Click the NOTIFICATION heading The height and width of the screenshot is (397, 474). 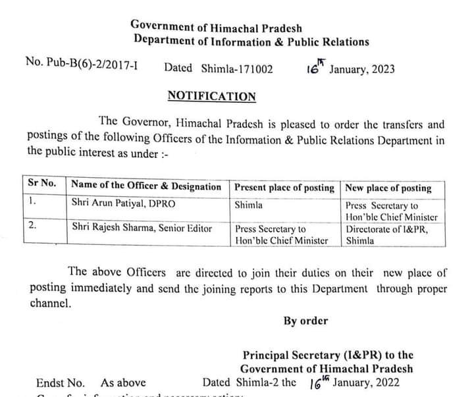211,96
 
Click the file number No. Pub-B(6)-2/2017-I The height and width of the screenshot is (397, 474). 82,63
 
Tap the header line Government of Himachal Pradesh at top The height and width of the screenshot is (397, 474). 216,26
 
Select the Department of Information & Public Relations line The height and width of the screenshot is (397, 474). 251,41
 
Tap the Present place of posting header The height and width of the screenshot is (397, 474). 284,188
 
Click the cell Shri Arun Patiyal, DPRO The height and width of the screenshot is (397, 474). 123,204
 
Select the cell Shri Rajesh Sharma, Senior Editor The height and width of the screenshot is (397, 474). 142,228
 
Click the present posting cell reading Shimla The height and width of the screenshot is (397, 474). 248,205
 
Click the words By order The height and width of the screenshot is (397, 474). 305,321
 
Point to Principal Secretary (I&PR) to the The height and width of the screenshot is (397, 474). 327,355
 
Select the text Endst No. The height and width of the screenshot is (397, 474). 61,383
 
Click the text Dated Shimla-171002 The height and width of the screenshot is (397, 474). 218,68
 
